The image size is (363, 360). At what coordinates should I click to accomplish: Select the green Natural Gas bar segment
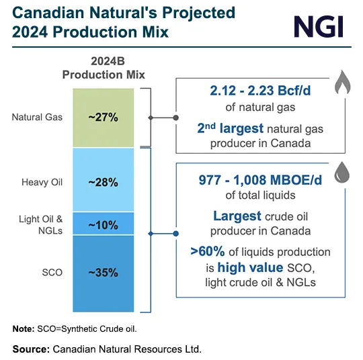pyautogui.click(x=103, y=117)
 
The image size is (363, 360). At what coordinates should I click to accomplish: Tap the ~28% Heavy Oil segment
pyautogui.click(x=103, y=182)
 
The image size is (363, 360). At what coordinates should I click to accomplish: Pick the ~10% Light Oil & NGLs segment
pyautogui.click(x=103, y=224)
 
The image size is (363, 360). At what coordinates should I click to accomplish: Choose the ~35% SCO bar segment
pyautogui.click(x=103, y=273)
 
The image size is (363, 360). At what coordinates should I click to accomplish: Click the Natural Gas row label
pyautogui.click(x=37, y=117)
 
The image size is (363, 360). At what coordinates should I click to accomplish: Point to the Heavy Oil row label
pyautogui.click(x=42, y=182)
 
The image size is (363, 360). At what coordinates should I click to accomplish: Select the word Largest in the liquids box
pyautogui.click(x=237, y=216)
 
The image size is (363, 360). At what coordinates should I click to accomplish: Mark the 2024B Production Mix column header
pyautogui.click(x=104, y=67)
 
